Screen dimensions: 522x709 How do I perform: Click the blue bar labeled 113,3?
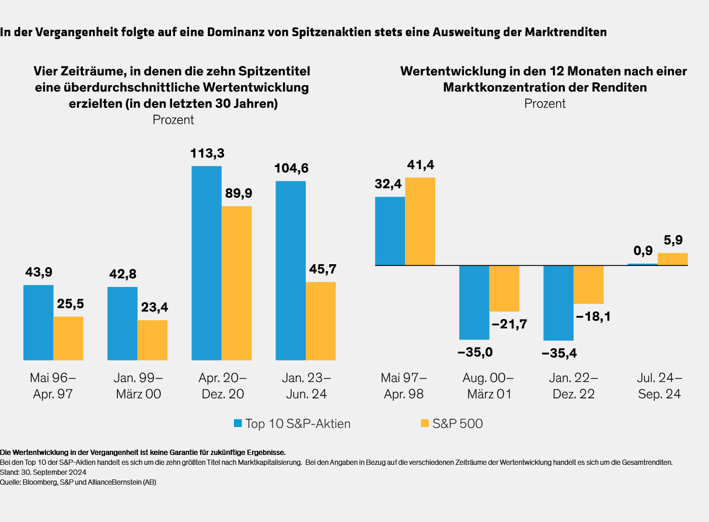[x=207, y=262]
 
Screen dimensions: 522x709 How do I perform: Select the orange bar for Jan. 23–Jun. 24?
[x=320, y=321]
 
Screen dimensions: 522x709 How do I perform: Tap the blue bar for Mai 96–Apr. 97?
[x=38, y=322]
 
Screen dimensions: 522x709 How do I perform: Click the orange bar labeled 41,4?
[x=420, y=222]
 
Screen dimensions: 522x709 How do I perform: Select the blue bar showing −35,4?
[x=558, y=303]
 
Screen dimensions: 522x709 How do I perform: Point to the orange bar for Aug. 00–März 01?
[x=504, y=288]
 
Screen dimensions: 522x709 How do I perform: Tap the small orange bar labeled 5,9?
[x=673, y=259]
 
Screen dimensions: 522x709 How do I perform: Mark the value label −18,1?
[x=593, y=317]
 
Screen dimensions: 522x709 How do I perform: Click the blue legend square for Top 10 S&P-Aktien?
[x=238, y=423]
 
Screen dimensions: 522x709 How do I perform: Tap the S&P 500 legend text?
[x=457, y=424]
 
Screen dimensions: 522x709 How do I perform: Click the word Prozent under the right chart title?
[x=544, y=104]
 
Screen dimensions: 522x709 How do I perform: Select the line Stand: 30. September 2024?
[x=44, y=472]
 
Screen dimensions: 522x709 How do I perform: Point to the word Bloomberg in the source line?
[x=40, y=482]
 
